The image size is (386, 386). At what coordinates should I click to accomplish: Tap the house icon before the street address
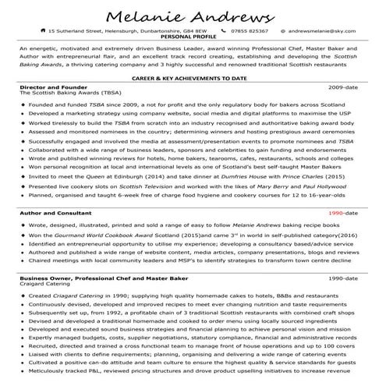[x=42, y=31]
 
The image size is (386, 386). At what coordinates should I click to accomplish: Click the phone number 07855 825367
[x=249, y=31]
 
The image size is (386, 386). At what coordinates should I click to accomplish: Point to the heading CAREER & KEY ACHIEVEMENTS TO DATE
[x=192, y=80]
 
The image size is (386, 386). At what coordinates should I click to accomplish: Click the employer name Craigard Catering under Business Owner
[x=45, y=285]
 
